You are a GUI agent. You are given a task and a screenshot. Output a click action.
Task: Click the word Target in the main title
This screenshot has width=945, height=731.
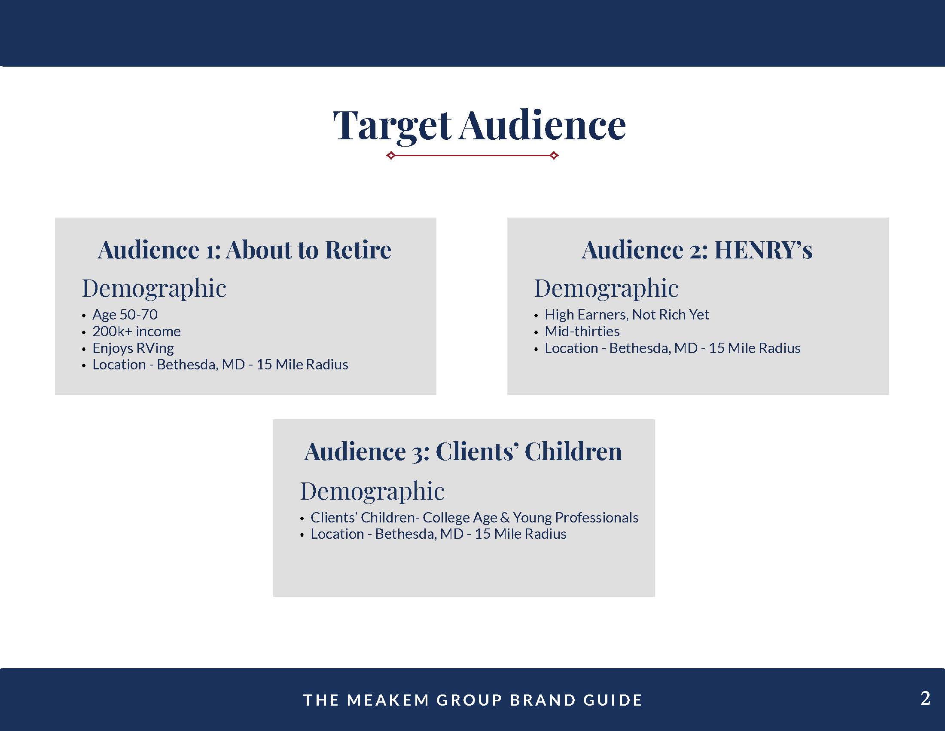click(392, 126)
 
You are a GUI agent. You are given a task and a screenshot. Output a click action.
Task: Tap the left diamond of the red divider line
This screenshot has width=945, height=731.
click(391, 156)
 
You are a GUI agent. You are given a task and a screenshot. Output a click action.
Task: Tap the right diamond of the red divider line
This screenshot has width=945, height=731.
click(554, 156)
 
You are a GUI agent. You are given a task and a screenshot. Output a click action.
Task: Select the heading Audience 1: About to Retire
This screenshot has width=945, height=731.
click(244, 250)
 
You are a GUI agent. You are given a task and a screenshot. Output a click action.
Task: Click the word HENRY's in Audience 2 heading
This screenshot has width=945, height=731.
click(763, 250)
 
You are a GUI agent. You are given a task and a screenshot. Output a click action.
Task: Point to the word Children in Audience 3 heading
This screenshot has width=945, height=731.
click(573, 451)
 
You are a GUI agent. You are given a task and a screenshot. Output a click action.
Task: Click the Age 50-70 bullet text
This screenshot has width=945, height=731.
click(125, 314)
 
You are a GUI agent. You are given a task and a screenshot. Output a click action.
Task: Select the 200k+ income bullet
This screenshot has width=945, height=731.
click(137, 331)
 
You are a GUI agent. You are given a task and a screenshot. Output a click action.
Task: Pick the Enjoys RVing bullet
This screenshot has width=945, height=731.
click(133, 348)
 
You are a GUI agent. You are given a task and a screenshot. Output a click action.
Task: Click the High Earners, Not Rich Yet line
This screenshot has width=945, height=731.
click(627, 314)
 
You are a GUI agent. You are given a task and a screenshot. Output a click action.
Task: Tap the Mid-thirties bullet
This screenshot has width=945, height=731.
click(582, 331)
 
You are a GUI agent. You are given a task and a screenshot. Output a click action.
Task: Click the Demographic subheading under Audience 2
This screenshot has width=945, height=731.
click(607, 289)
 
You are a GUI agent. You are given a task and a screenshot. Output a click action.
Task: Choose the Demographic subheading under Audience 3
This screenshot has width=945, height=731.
click(372, 491)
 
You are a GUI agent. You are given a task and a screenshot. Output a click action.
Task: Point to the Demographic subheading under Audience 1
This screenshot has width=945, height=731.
click(154, 289)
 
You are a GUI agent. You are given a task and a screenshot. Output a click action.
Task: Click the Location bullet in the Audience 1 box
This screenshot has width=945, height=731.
click(220, 365)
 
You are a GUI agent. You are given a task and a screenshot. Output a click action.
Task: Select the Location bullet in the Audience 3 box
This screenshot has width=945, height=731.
click(438, 534)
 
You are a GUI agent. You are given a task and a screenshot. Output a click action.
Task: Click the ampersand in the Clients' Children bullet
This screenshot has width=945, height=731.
click(505, 517)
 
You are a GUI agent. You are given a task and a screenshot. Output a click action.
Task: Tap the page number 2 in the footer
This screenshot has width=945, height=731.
click(925, 698)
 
